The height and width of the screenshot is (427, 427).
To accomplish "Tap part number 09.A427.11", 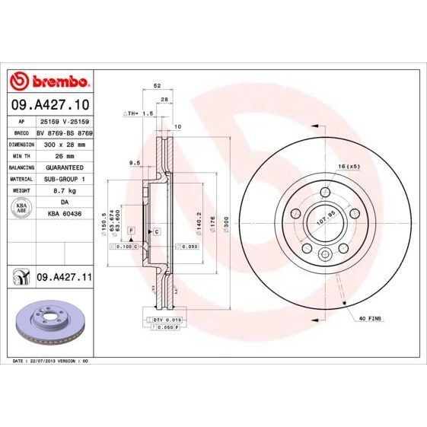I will point(64,279).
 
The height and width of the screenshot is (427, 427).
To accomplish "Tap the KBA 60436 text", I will point(64,215).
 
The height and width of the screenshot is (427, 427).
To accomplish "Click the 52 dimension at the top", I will point(157,86).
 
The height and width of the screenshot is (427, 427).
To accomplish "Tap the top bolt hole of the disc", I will point(325,192).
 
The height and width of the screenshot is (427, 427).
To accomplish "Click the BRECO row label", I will point(21,132).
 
